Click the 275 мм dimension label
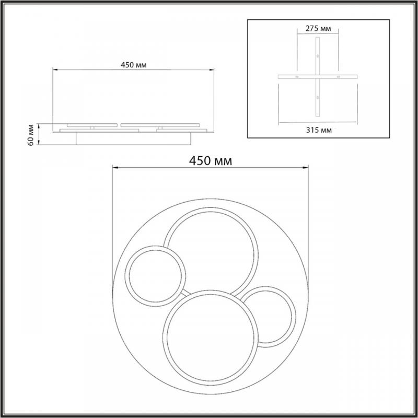coord(318,29)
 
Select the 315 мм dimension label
coord(319,130)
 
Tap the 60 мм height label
coord(31,135)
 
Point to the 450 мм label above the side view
coord(134,65)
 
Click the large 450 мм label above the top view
coord(211,161)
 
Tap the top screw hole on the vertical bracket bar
coord(318,56)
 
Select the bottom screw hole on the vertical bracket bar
coord(318,98)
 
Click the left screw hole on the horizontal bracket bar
coord(297,77)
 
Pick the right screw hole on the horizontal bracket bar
coord(338,77)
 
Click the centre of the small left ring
coord(155,276)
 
